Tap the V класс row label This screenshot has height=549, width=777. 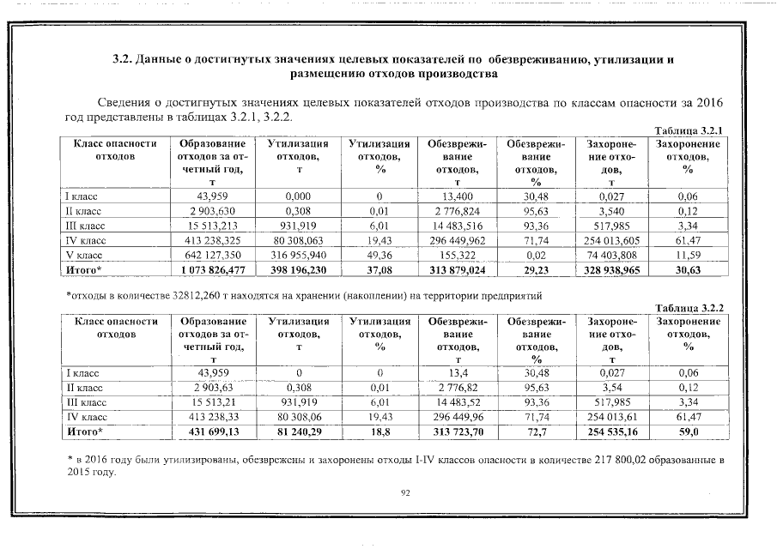[84, 255]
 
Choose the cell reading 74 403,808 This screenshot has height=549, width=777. [611, 255]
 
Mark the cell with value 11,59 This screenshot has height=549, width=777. [687, 255]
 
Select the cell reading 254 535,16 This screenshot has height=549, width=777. [611, 431]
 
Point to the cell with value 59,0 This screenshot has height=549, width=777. [687, 431]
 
